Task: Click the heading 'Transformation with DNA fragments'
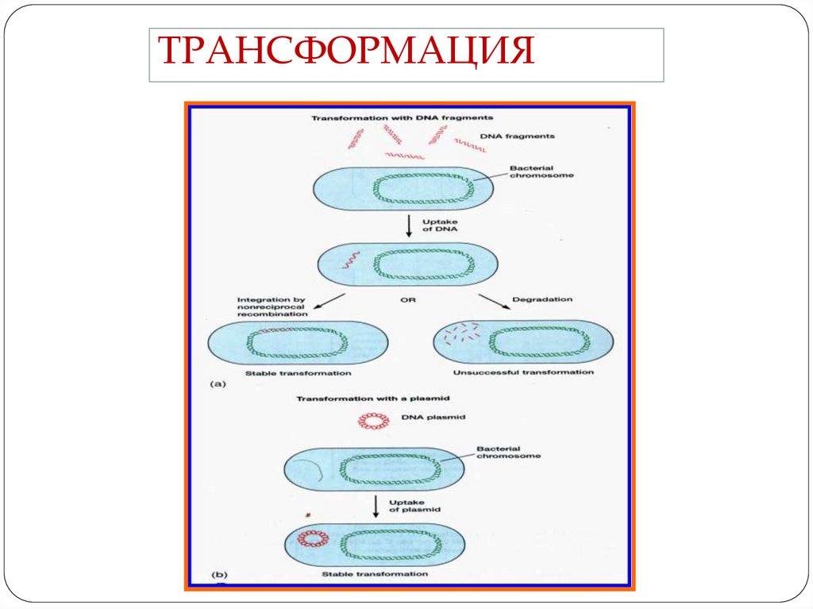(403, 118)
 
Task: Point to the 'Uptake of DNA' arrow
(408, 225)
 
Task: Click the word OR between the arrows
(408, 301)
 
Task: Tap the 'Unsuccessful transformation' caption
(523, 372)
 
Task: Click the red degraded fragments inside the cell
(461, 333)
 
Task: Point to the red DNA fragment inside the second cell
(350, 260)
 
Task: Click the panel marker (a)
(218, 384)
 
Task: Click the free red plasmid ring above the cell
(372, 420)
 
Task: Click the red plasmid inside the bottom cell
(312, 539)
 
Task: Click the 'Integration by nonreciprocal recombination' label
(272, 306)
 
